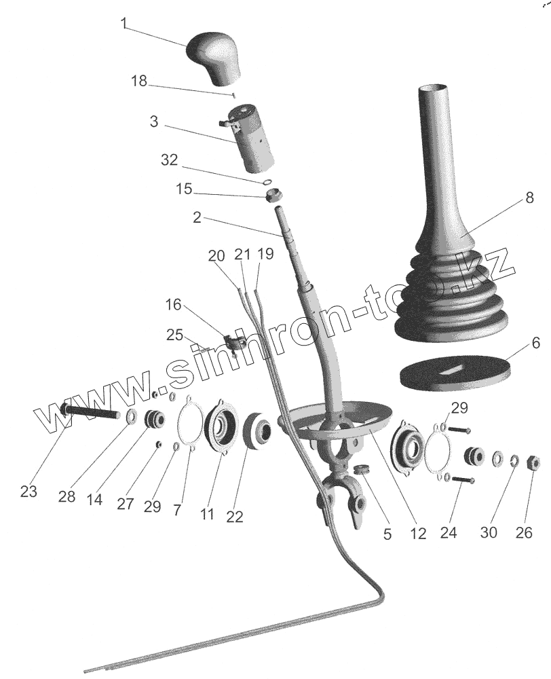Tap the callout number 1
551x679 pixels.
pos(124,23)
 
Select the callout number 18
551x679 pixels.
pos(139,81)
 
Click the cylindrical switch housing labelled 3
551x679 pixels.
pos(253,140)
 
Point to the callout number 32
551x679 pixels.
pos(169,161)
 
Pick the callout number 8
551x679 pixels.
pos(529,200)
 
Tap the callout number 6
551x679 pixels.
pos(535,344)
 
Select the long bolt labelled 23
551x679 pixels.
pos(92,412)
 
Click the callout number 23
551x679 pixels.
pos(28,492)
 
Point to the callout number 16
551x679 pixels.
pos(174,305)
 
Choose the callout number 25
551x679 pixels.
pos(174,335)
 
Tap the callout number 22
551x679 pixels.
pos(234,517)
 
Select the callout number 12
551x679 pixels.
pos(418,533)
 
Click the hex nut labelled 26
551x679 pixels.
pos(533,462)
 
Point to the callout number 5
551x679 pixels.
pos(387,534)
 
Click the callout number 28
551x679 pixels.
pos(66,496)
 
